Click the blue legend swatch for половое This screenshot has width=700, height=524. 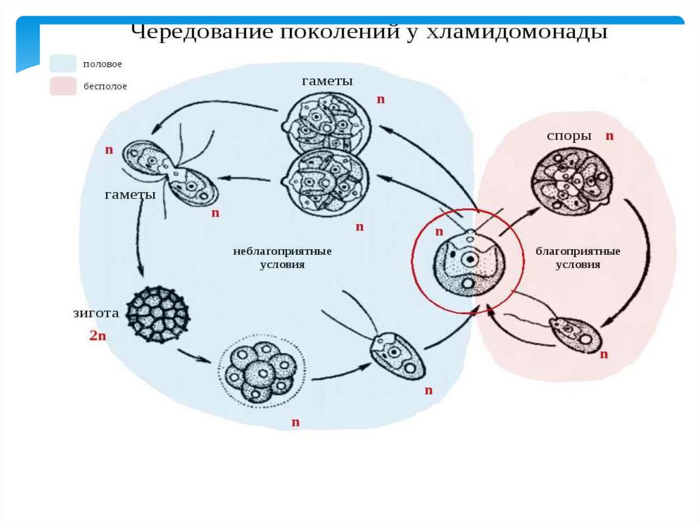(x=62, y=64)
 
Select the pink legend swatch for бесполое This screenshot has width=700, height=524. (x=62, y=86)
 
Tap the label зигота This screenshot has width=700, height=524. (x=96, y=314)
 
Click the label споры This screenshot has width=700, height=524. (x=569, y=136)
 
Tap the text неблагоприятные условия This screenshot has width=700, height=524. (x=276, y=258)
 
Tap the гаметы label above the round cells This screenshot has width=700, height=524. (x=327, y=81)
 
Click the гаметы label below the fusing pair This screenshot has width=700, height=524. (x=130, y=195)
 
